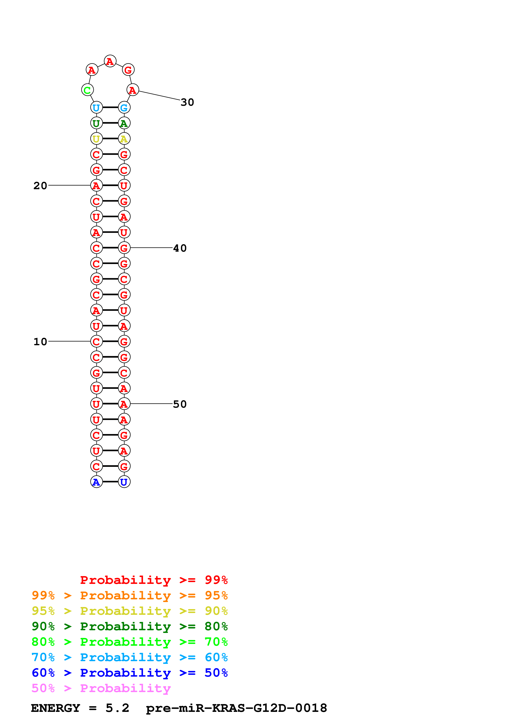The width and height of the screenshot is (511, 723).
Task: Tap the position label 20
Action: (40, 186)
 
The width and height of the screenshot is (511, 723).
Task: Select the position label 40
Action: (180, 248)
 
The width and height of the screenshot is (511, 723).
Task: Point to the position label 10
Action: (40, 342)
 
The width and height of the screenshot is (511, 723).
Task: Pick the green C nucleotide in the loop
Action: (87, 90)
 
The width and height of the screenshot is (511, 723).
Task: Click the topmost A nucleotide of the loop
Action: (110, 61)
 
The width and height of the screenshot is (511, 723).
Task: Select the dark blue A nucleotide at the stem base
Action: (96, 482)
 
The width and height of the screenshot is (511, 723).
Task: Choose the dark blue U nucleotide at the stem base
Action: (124, 482)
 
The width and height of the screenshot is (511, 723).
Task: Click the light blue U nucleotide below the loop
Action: (96, 108)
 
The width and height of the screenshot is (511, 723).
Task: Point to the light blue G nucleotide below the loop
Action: (124, 108)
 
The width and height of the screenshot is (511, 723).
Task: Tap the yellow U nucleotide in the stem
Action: (96, 139)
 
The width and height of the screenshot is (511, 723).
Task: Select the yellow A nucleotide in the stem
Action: (124, 139)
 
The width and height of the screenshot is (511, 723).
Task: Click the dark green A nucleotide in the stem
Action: (124, 123)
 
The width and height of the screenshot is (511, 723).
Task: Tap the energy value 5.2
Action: (117, 708)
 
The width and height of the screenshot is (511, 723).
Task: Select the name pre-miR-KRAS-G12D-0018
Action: (236, 708)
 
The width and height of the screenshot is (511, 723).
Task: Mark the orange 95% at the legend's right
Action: (216, 595)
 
